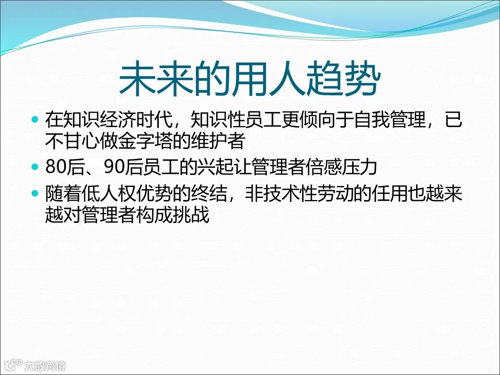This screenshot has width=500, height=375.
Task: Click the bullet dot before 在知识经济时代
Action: pyautogui.click(x=35, y=120)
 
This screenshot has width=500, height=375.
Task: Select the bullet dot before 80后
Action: pyautogui.click(x=35, y=167)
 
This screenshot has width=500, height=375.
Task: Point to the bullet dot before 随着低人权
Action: pyautogui.click(x=35, y=194)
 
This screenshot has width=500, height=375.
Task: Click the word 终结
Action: pyautogui.click(x=216, y=194)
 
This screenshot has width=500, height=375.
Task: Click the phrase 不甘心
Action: pyautogui.click(x=70, y=140)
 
